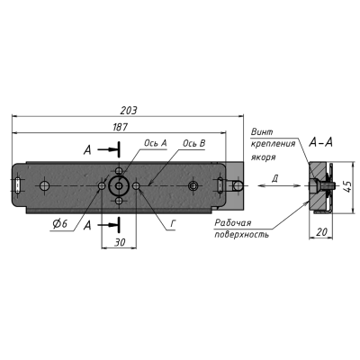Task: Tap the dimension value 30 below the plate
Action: tap(121, 242)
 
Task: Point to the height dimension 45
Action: tap(347, 185)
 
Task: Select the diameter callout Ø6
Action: tap(60, 223)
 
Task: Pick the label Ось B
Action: tap(194, 143)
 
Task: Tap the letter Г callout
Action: tap(172, 222)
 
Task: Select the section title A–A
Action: tap(323, 142)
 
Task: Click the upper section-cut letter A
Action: tap(86, 148)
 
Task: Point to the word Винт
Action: tap(262, 132)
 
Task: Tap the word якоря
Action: tap(264, 156)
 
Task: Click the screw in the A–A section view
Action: tap(324, 188)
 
